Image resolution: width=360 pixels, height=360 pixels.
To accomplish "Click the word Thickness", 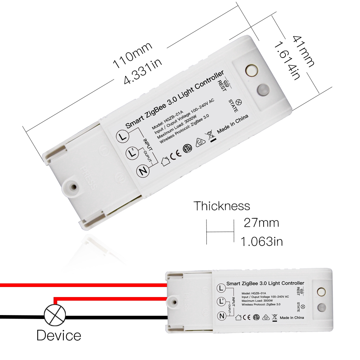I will coord(222,206).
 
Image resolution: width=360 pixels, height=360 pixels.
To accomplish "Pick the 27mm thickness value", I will coord(261,223).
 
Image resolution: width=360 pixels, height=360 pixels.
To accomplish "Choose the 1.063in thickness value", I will coord(261,241).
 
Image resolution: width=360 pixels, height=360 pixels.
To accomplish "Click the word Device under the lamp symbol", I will coord(59,336).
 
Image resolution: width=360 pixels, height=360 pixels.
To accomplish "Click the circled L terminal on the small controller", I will coord(222,288).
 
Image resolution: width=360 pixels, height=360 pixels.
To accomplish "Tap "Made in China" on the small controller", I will coord(292,318).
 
